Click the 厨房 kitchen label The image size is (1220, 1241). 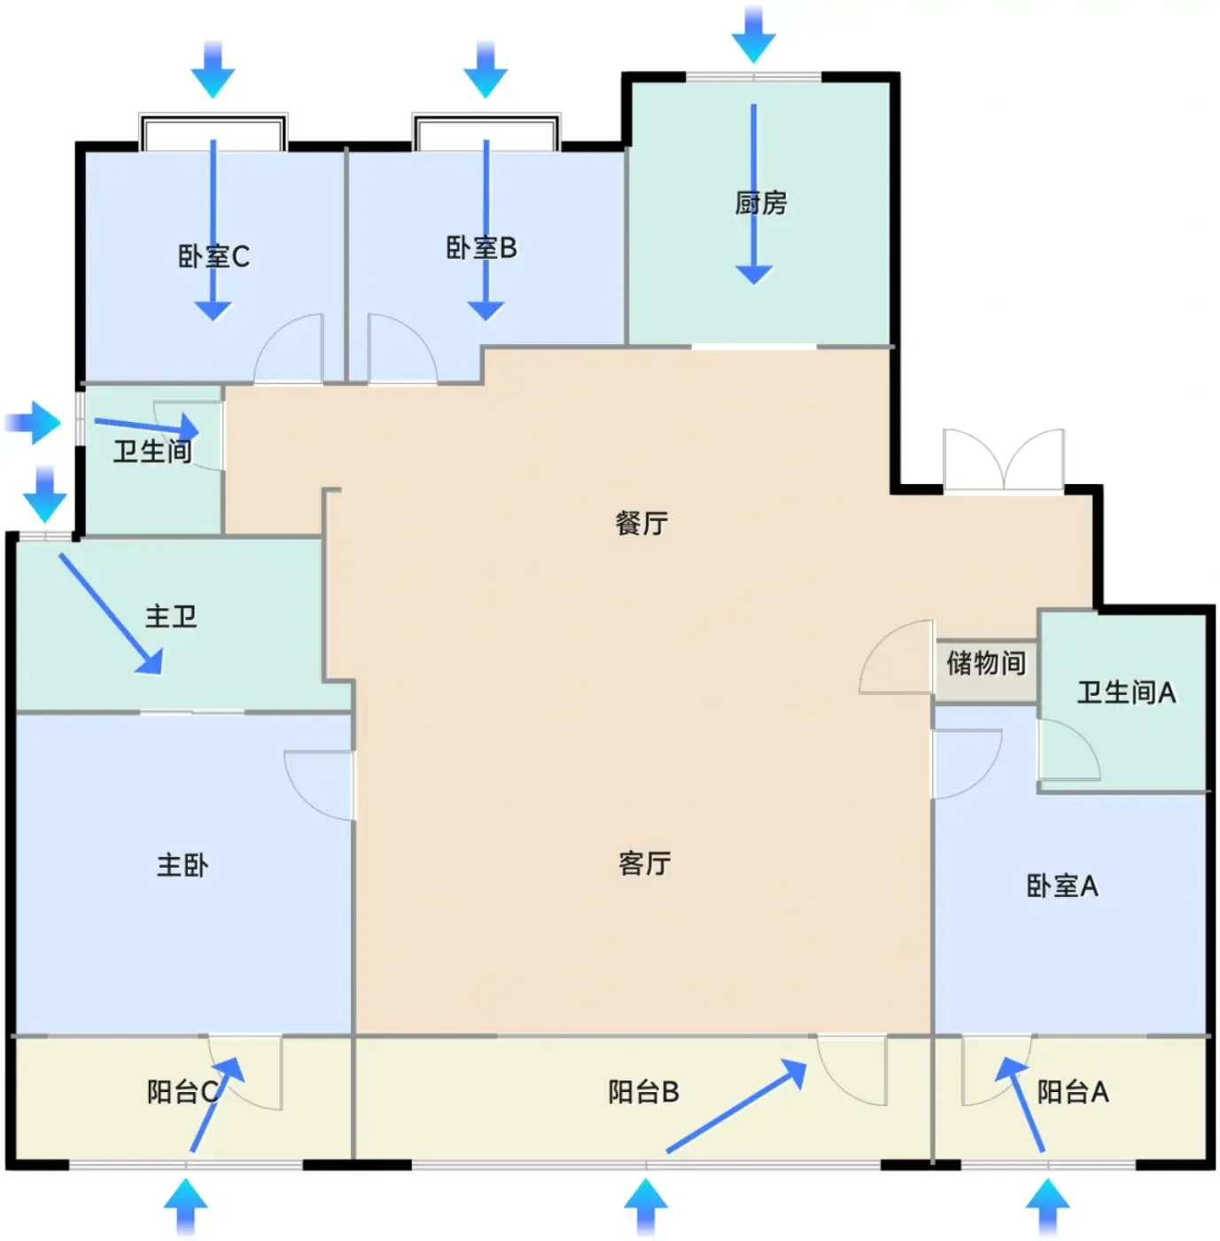tap(761, 203)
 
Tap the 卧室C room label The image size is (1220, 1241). tap(214, 256)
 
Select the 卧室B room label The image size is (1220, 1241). tap(482, 248)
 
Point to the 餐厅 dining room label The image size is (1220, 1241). tap(641, 523)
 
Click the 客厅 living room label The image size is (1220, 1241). tap(644, 863)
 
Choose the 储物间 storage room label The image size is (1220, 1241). tap(985, 663)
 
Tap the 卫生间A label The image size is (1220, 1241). tap(1127, 693)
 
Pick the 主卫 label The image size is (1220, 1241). tap(171, 616)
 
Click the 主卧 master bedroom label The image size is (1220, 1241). tap(183, 865)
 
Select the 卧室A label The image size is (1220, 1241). tap(1062, 886)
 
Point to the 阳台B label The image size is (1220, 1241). tap(644, 1091)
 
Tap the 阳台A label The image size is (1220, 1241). tap(1073, 1091)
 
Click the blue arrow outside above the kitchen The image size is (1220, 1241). tap(753, 35)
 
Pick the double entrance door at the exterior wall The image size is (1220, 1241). tap(1004, 460)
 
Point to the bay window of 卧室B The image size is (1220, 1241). tap(486, 132)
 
